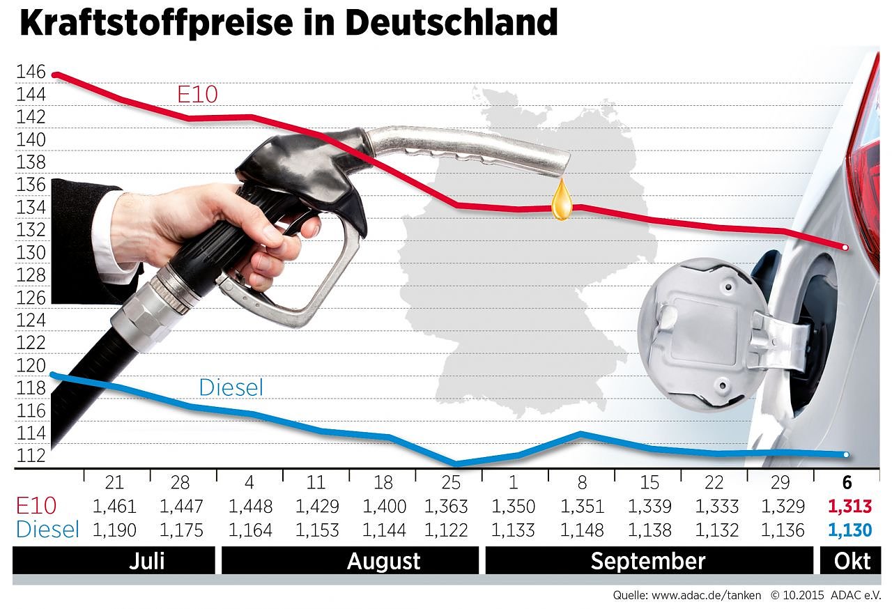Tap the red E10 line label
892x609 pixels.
click(x=198, y=94)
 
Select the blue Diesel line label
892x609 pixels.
click(x=231, y=387)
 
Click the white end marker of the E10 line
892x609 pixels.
click(x=845, y=247)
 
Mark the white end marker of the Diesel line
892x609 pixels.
click(x=845, y=455)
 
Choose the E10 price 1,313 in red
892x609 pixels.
click(x=849, y=506)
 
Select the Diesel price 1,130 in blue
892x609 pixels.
click(x=849, y=531)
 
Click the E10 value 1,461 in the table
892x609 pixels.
click(x=114, y=506)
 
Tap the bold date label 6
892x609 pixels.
click(x=848, y=483)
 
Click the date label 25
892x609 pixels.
click(x=447, y=483)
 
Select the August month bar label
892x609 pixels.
click(x=384, y=561)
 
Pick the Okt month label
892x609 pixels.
click(x=851, y=561)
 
